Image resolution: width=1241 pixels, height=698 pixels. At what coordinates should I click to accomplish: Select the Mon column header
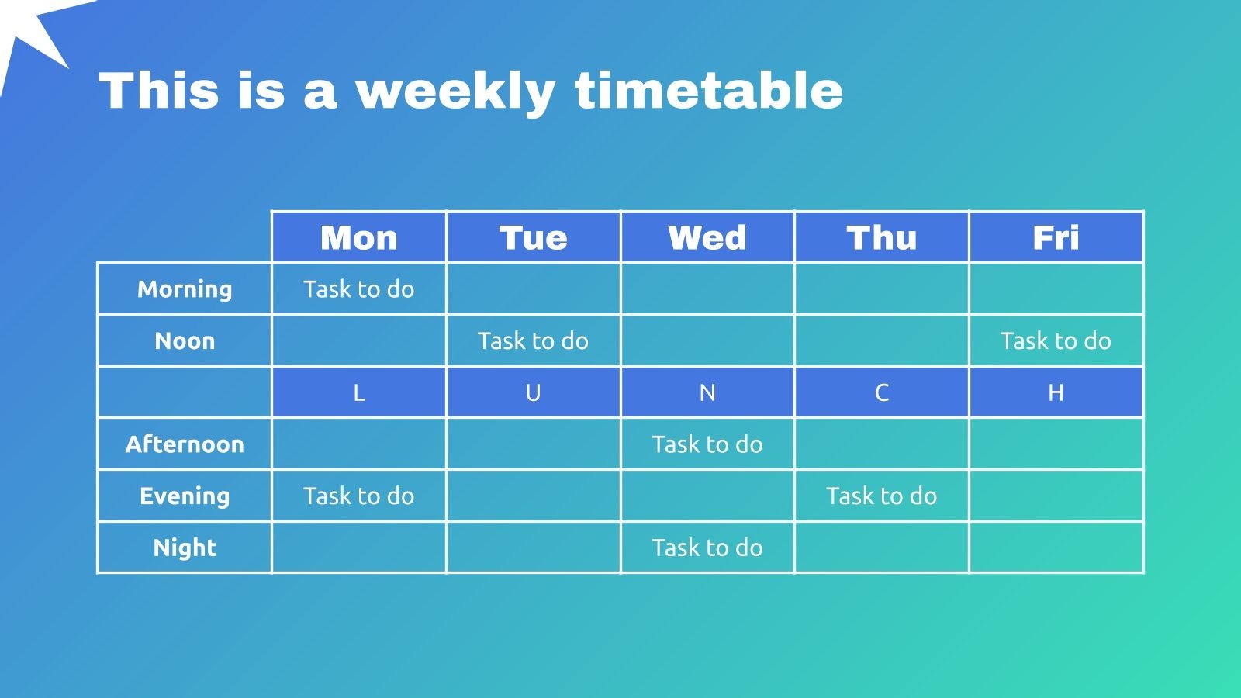tap(359, 237)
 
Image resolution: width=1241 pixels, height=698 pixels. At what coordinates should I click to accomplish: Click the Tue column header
tap(533, 237)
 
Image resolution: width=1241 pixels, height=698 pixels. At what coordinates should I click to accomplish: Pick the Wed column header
tap(707, 237)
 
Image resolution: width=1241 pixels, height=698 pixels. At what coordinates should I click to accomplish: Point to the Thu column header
tap(881, 237)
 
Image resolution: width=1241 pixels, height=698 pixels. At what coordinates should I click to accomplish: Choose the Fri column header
tap(1056, 237)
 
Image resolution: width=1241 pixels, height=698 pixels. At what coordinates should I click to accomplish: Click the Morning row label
tap(185, 290)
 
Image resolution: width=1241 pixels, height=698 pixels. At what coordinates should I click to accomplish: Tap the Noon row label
tap(185, 340)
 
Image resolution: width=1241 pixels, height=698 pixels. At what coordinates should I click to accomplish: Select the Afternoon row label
tap(185, 444)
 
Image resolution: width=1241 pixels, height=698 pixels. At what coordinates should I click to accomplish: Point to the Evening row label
tap(185, 496)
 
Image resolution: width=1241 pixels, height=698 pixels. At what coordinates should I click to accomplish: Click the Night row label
tap(185, 548)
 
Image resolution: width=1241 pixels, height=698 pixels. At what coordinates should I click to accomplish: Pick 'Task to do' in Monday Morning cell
tap(359, 289)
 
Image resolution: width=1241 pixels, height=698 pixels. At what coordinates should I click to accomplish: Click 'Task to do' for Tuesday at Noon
tap(533, 340)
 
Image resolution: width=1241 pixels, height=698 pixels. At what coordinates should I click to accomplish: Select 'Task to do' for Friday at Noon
tap(1056, 340)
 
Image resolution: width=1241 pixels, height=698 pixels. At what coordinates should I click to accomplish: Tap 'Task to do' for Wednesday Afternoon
tap(707, 444)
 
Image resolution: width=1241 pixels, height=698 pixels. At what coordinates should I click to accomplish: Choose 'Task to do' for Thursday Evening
tap(881, 496)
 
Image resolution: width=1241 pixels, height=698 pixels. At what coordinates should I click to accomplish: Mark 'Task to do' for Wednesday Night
tap(707, 548)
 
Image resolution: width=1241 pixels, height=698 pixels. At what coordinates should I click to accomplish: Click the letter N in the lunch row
tap(707, 392)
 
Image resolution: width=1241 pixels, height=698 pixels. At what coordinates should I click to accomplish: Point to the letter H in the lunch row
tap(1056, 392)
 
